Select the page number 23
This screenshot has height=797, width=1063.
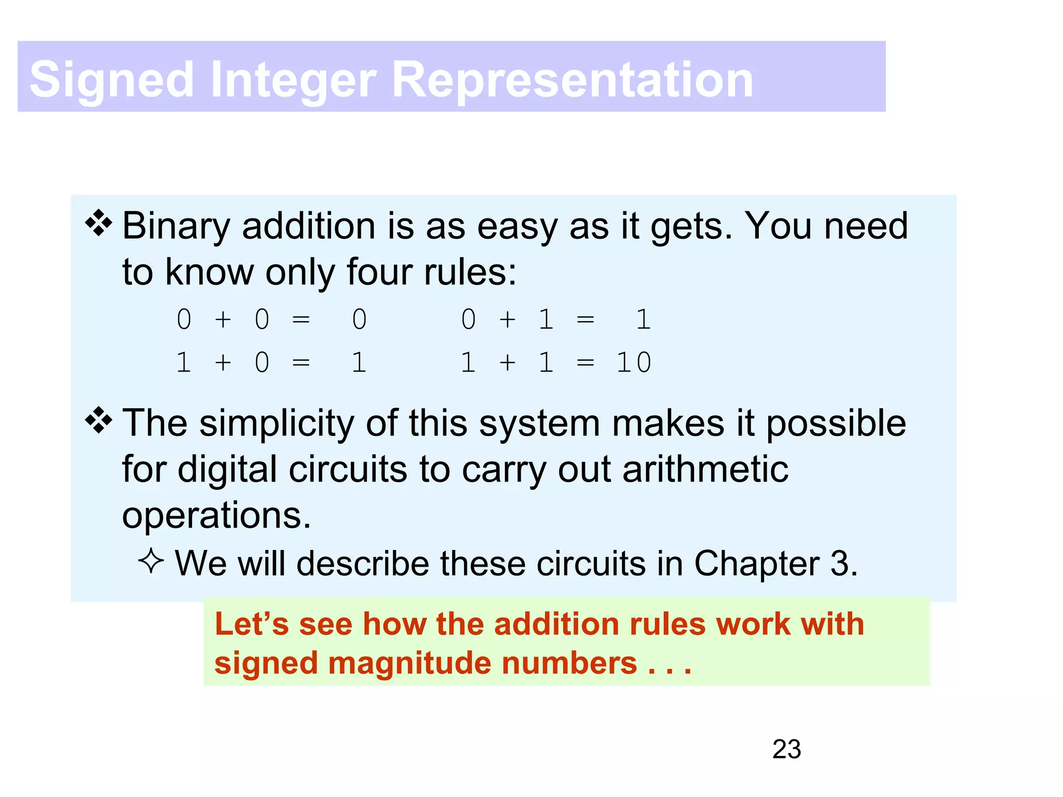pos(786,749)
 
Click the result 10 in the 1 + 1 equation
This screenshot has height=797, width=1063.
pos(634,362)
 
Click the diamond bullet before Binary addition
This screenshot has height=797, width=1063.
pos(99,224)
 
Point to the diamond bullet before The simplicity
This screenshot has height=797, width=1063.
pos(99,420)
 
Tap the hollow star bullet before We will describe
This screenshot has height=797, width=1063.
pos(151,561)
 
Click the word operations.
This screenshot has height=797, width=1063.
pos(216,516)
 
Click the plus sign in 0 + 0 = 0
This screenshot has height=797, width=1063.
pos(223,319)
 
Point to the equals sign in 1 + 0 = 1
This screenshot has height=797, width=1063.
pos(301,362)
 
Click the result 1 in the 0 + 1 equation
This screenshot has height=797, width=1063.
pos(643,319)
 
